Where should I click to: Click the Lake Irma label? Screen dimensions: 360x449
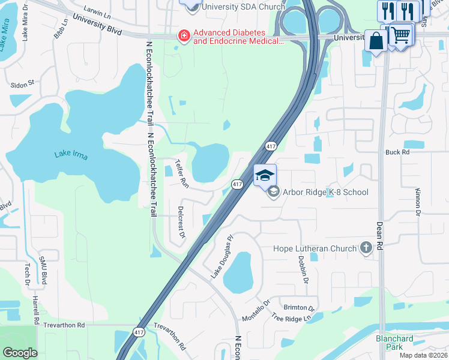point(71,155)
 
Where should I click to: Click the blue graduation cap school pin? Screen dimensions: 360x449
point(265,175)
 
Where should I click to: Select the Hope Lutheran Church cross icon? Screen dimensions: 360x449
point(366,248)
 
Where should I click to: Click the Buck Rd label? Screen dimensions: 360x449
point(397,152)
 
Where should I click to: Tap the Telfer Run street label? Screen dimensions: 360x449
point(181,174)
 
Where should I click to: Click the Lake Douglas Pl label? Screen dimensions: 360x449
point(221,256)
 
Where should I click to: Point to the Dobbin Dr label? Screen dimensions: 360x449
point(304,269)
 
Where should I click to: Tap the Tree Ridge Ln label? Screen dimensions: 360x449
point(293,318)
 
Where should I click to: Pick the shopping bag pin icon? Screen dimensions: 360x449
point(376,41)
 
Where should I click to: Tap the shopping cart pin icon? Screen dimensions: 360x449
point(402,34)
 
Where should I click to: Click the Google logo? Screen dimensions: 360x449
point(20,352)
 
